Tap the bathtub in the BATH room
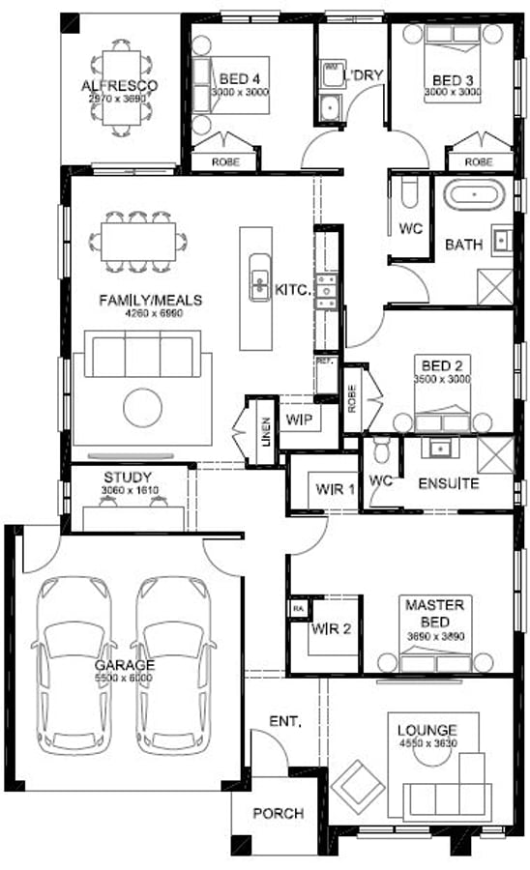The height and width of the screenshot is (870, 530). pos(473,194)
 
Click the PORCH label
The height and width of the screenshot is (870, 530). pos(278,814)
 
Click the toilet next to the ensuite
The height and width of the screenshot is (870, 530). pos(382,449)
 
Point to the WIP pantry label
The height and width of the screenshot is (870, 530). pos(295,420)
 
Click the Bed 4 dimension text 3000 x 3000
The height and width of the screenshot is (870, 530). pos(239,92)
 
